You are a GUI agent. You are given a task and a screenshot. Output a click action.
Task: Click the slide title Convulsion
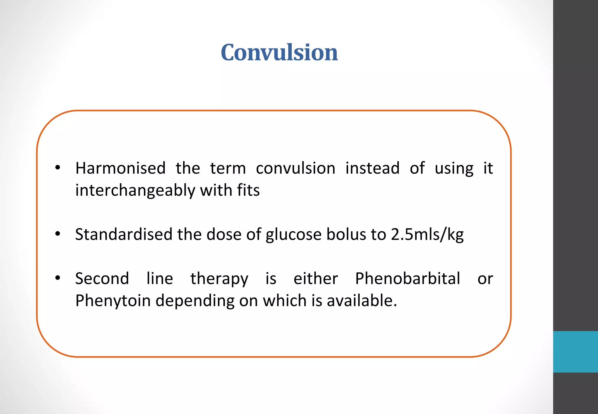[x=279, y=53]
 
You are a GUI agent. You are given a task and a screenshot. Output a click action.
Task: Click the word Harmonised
[x=120, y=168]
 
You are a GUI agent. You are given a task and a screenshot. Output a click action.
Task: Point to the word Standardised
[x=124, y=234]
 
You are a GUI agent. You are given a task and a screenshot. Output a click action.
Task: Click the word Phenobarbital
[x=408, y=278]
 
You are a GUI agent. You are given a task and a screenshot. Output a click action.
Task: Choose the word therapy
[x=219, y=279]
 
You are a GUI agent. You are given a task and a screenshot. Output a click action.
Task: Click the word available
[x=361, y=301]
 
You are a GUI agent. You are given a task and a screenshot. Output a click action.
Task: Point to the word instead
[x=372, y=168]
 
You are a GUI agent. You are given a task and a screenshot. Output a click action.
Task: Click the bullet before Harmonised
[x=58, y=168]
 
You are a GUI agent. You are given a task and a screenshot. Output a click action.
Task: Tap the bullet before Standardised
[x=58, y=234]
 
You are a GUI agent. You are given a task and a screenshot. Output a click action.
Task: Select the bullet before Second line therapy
[x=58, y=278]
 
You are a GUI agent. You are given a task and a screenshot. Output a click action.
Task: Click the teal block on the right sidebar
[x=575, y=352]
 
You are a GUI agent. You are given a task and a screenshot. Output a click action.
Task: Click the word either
[x=316, y=278]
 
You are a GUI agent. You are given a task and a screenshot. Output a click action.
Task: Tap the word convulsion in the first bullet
[x=295, y=168]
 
